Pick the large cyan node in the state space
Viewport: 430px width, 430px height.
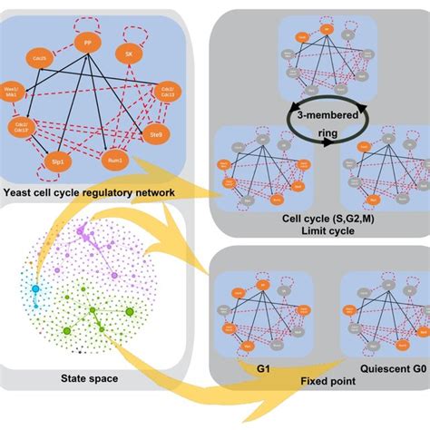click(36, 289)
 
